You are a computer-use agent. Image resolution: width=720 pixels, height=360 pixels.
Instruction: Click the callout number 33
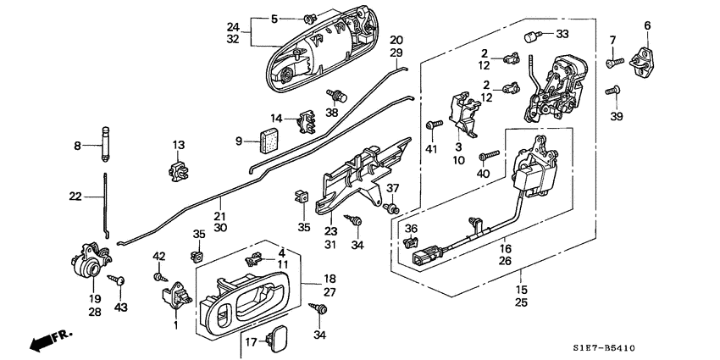pos(562,34)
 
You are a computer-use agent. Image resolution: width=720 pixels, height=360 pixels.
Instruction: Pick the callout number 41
pos(431,150)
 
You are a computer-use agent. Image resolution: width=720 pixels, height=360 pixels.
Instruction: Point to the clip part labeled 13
pos(178,169)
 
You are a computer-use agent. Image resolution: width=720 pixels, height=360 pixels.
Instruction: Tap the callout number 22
pos(76,197)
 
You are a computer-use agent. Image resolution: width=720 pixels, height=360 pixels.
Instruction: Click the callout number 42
pos(158,255)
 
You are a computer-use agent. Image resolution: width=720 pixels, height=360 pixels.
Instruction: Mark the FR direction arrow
pos(49,340)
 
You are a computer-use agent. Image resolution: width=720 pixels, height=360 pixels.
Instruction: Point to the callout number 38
pos(333,112)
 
